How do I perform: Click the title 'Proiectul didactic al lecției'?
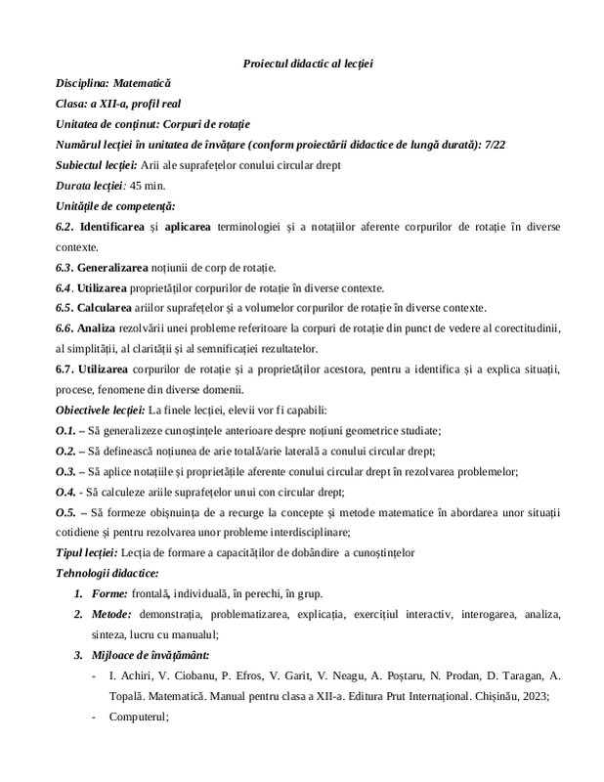click(308, 64)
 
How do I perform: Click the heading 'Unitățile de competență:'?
click(115, 206)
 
